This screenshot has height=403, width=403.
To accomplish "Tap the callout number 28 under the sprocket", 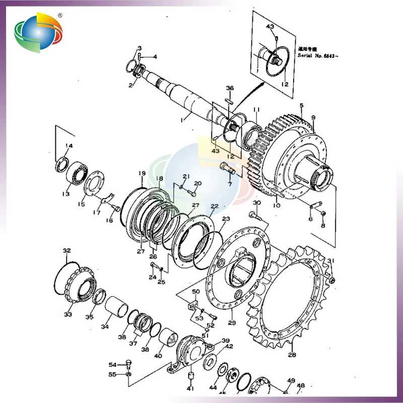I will (292, 355).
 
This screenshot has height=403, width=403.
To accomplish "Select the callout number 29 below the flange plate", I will (231, 323).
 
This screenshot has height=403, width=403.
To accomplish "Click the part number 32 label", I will (66, 250).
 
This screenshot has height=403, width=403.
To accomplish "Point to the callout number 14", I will (69, 146).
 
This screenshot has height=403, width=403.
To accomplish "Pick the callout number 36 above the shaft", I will (230, 88).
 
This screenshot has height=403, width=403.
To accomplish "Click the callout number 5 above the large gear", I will (301, 106).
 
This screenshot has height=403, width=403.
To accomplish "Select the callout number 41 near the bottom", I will (190, 388).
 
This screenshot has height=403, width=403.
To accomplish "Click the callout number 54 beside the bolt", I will (112, 365).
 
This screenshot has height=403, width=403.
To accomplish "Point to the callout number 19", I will (142, 174).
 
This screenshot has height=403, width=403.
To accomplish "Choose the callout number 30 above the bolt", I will (256, 203).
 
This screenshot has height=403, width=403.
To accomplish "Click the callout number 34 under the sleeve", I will (105, 326).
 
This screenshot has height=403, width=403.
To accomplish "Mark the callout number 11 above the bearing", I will (256, 109).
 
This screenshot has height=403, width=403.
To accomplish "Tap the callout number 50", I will (196, 292).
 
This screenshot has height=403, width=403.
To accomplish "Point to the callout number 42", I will (229, 347).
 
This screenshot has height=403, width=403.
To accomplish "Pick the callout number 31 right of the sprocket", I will (330, 260).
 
